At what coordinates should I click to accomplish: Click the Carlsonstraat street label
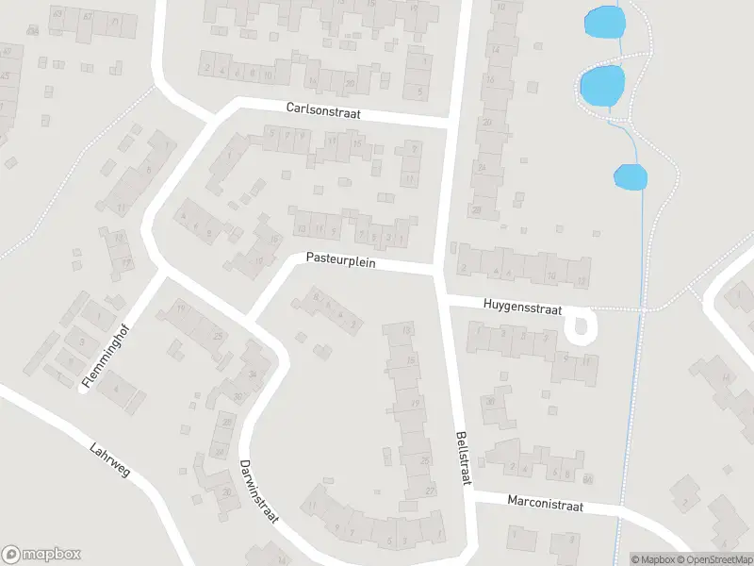(323, 110)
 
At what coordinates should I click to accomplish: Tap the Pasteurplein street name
(340, 260)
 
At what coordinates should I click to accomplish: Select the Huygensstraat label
(522, 306)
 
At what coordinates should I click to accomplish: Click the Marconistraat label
(545, 506)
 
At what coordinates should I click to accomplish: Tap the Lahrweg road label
(110, 459)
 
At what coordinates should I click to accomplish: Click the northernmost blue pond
(604, 22)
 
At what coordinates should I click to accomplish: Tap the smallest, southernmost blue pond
(630, 175)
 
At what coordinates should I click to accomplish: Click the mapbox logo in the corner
(41, 555)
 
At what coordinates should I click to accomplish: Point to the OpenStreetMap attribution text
(713, 559)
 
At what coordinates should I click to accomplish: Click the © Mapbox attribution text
(653, 559)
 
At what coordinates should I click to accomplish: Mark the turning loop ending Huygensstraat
(581, 327)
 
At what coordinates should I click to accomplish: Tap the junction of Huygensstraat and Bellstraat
(442, 299)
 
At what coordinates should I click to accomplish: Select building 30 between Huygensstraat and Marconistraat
(489, 401)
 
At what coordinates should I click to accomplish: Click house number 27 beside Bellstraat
(430, 491)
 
